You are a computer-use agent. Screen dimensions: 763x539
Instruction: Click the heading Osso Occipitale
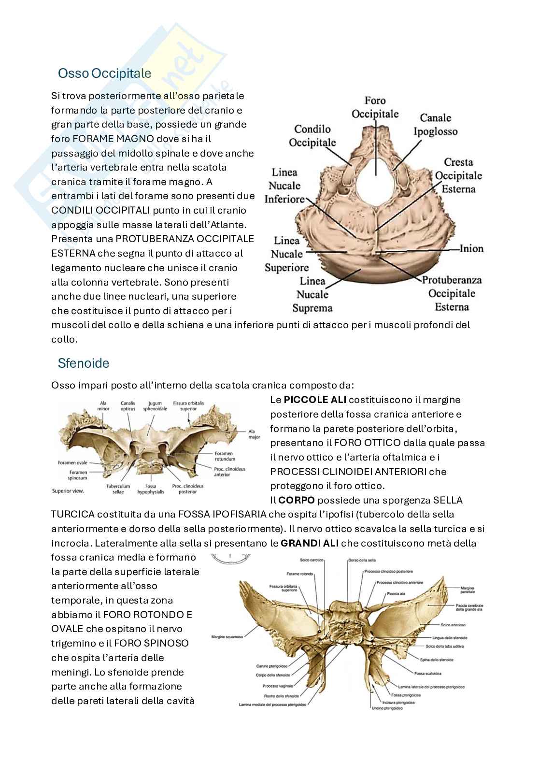104,73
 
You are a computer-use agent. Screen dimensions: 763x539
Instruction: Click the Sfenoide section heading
83,363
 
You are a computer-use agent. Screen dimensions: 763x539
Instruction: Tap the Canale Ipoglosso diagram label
435,125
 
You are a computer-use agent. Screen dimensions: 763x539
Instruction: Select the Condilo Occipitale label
312,136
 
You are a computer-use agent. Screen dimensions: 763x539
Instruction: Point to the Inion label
471,248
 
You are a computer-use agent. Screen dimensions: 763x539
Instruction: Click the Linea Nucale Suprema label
312,294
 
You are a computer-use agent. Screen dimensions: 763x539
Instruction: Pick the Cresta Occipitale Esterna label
458,175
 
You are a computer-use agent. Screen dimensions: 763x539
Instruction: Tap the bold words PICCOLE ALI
315,400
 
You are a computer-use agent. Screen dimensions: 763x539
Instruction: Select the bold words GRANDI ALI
310,543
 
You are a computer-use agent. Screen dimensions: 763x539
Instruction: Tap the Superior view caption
68,491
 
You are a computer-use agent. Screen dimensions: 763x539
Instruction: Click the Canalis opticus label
128,405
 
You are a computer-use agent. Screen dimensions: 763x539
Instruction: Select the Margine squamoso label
227,637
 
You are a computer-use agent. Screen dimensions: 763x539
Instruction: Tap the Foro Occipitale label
375,107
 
